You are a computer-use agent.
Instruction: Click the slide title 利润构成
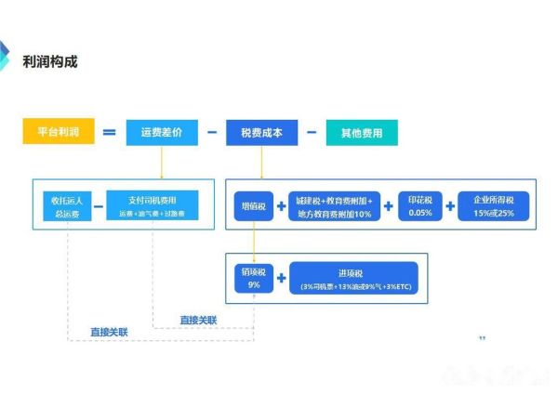[50, 61]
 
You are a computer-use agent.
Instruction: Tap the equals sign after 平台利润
[109, 132]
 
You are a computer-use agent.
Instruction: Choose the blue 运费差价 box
[161, 132]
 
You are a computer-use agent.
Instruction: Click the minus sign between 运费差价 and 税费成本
[212, 132]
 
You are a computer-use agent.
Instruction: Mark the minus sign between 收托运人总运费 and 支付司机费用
[98, 206]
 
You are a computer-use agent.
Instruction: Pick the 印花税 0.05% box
[419, 206]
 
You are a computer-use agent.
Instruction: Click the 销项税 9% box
[252, 276]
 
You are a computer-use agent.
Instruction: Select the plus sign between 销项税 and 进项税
[281, 276]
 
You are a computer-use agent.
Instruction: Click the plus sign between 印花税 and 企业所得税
[450, 206]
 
